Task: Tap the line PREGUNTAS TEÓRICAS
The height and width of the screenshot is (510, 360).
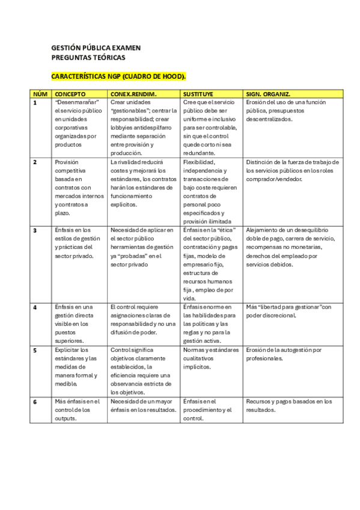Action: coord(88,57)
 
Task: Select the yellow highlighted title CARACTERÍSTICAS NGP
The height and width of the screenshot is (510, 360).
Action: coord(118,77)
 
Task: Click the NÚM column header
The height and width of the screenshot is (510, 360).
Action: coord(40,94)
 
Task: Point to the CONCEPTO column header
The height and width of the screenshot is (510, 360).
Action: coord(70,94)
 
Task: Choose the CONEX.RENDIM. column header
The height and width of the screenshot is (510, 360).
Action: coord(133,94)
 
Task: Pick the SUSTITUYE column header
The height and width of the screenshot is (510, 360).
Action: coord(201,94)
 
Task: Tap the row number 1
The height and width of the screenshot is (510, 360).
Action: coord(35,102)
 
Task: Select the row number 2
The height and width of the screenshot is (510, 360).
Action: coord(35,162)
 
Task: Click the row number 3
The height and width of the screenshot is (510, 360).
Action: coord(35,230)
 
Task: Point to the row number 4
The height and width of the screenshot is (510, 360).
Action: coord(35,307)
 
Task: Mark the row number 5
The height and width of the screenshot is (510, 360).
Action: coord(35,349)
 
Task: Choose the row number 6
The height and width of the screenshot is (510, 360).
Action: coord(35,401)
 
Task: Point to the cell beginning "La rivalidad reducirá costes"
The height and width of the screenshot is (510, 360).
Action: coord(143,183)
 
